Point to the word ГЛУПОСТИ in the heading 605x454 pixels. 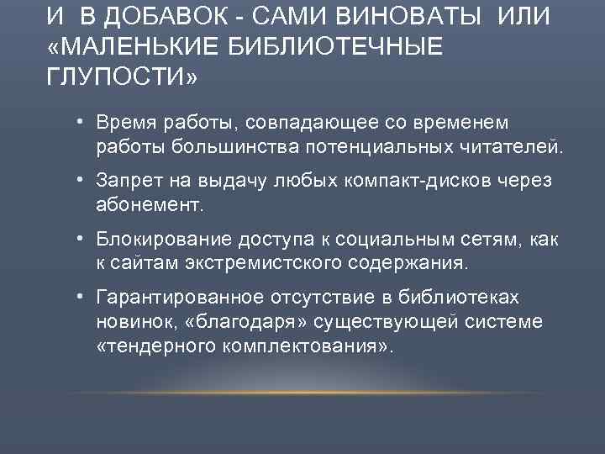tap(123, 78)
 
